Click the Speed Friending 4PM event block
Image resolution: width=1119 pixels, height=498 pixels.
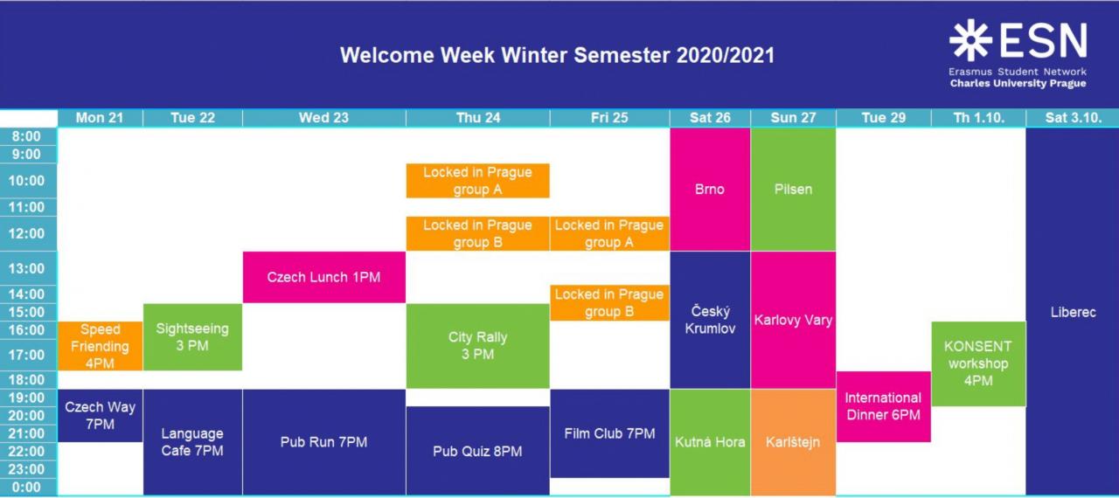click(100, 346)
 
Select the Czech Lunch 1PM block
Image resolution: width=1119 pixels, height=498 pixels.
click(323, 277)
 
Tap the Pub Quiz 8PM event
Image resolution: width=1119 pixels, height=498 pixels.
click(477, 451)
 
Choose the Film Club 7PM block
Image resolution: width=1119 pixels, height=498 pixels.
click(609, 433)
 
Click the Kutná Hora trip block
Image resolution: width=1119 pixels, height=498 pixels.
click(710, 442)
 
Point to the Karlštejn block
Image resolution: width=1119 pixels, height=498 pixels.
click(793, 442)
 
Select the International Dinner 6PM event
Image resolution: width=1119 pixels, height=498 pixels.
click(883, 406)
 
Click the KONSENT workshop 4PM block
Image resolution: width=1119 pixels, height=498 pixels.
click(978, 363)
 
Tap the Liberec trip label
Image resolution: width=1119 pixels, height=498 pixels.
click(1073, 313)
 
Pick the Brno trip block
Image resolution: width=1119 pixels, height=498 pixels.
click(710, 189)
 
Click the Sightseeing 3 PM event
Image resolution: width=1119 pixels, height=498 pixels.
click(192, 337)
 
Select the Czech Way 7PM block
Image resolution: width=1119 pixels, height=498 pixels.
click(100, 415)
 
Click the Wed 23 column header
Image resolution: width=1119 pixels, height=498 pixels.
click(323, 118)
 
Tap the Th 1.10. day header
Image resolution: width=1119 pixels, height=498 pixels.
click(978, 118)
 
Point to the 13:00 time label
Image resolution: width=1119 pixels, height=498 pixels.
click(26, 268)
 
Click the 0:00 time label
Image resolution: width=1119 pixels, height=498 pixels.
click(26, 487)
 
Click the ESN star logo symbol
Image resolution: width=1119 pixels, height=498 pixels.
click(970, 40)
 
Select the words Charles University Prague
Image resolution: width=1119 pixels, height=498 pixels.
click(1018, 83)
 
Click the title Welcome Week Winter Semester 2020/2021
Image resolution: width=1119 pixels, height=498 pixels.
click(557, 55)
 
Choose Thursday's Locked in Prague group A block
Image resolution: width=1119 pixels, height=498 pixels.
click(477, 181)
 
